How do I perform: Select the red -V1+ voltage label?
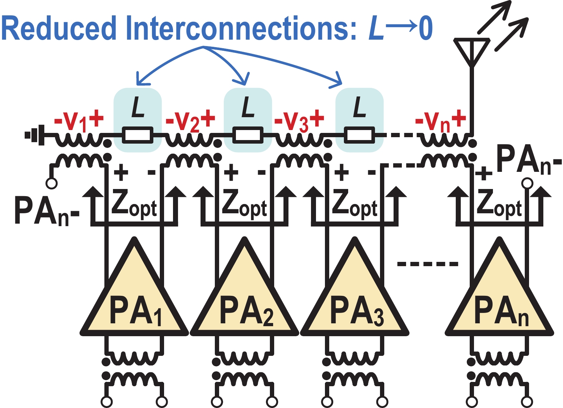coord(79,121)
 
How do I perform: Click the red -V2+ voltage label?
coord(190,121)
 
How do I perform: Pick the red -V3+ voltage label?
coord(299,121)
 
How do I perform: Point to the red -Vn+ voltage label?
coord(440,121)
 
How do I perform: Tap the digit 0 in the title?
coord(425,29)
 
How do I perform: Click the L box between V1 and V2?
coord(138,120)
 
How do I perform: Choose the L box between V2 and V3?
coord(248,120)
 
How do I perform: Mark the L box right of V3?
coord(359,120)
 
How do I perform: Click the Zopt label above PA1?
coord(134,204)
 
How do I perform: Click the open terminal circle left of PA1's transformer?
coord(51,184)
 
